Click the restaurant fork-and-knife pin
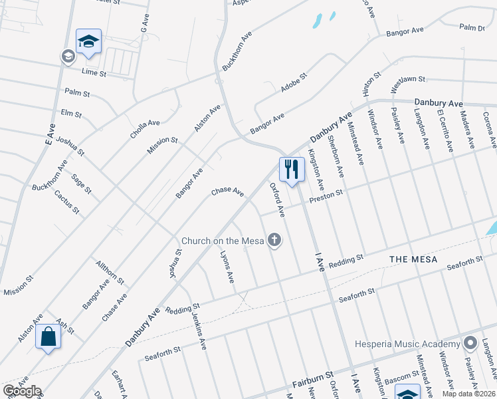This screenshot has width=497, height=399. pyautogui.click(x=290, y=170)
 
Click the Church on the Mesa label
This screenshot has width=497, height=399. pyautogui.click(x=223, y=241)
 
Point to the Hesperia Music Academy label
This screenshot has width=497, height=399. pyautogui.click(x=407, y=344)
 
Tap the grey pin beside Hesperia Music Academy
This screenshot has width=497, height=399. pyautogui.click(x=470, y=343)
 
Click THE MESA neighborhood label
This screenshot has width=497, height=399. pyautogui.click(x=413, y=259)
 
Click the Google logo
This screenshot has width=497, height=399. pyautogui.click(x=22, y=391)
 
